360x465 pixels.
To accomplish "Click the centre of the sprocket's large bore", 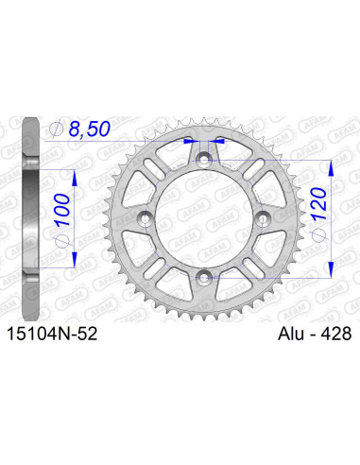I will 205,218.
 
